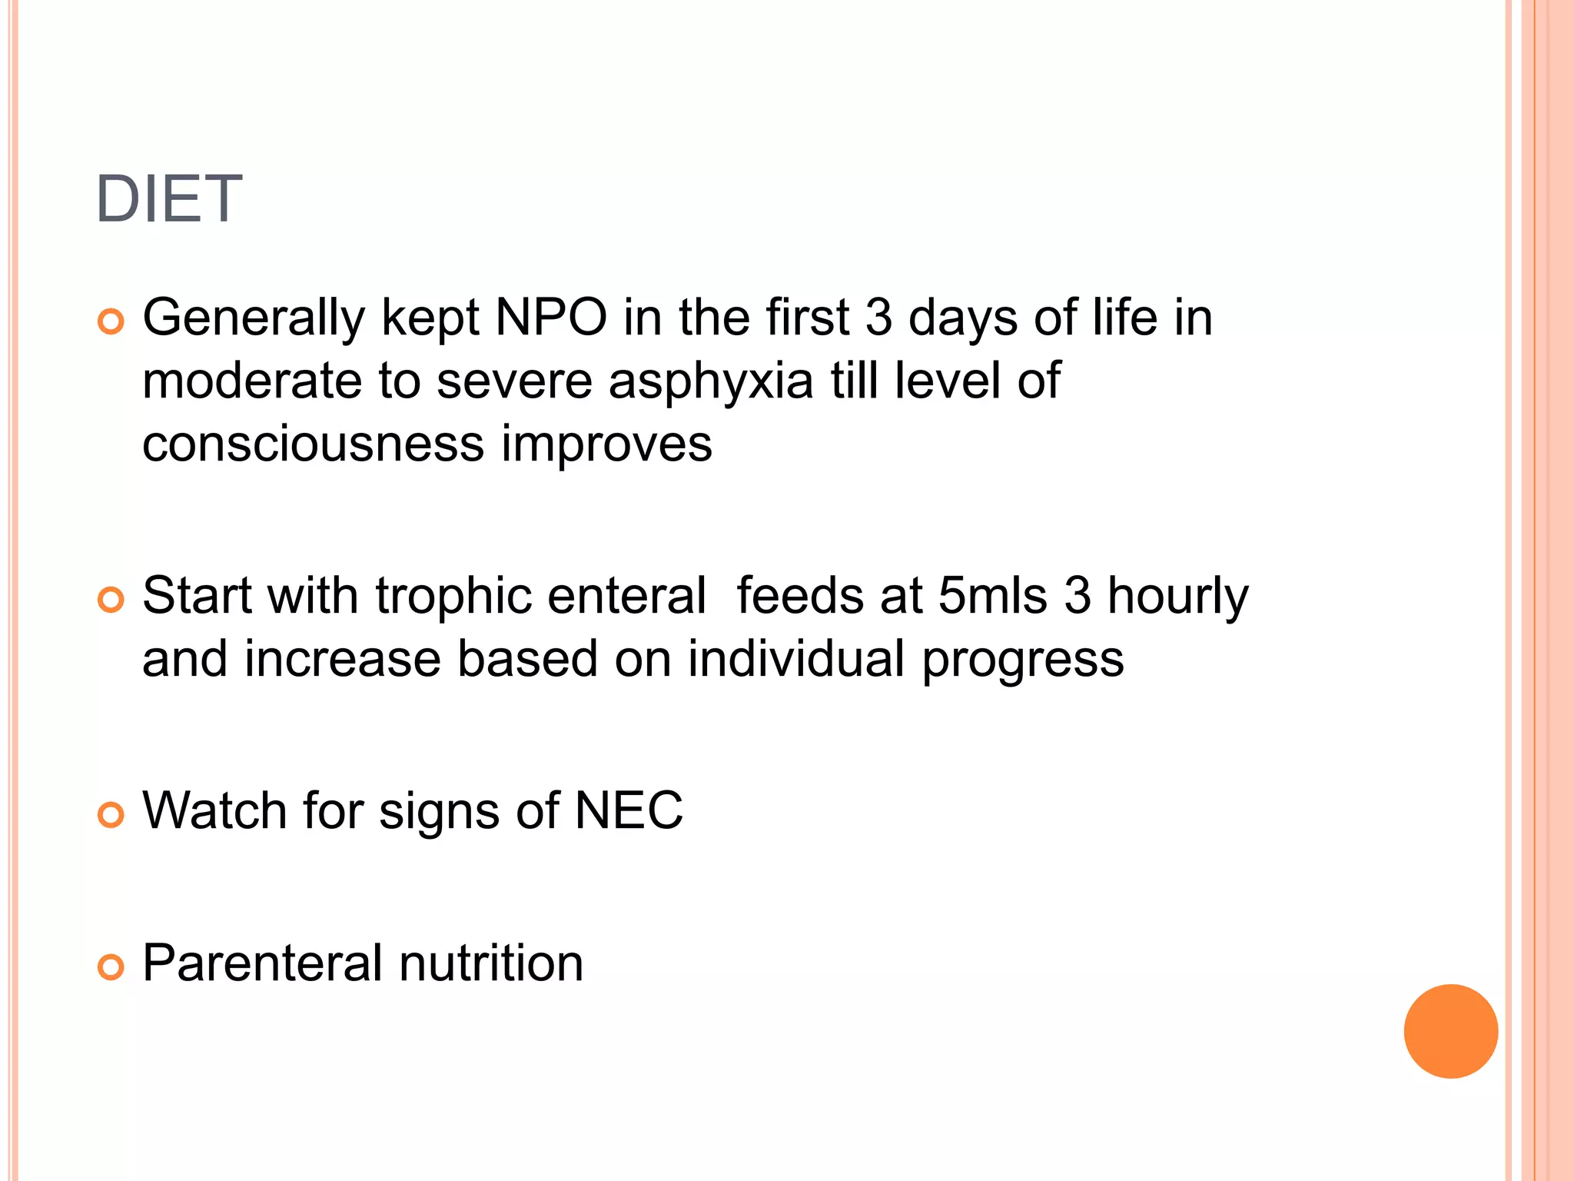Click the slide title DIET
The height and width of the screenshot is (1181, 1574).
(169, 199)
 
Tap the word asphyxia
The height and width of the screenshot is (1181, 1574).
(710, 381)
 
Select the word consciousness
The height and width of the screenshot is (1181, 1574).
(314, 444)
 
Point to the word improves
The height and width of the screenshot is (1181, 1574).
(606, 444)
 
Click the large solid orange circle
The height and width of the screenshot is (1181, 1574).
(1450, 1031)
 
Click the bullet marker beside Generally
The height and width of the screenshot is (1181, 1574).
(111, 321)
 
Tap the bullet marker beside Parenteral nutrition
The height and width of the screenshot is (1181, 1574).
(111, 967)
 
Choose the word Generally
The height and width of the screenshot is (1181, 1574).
(254, 318)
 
